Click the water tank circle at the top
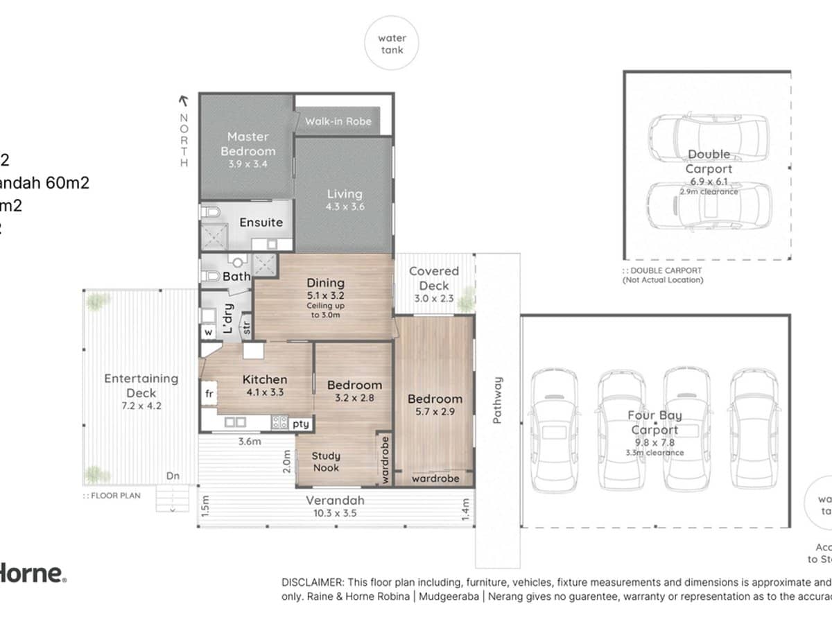coord(392,44)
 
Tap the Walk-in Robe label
coord(338,121)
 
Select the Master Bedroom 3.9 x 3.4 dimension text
coord(248,164)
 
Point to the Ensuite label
coord(261,223)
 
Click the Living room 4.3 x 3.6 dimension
coord(345,207)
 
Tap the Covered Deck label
coord(434,278)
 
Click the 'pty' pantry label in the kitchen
coord(301,423)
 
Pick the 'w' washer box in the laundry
coord(207,332)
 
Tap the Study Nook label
coord(325,462)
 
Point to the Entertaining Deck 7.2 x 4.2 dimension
coord(141,406)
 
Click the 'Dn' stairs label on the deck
coord(173,476)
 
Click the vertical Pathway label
coord(497,400)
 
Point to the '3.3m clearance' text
coord(655,453)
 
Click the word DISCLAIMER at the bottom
coord(311,582)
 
